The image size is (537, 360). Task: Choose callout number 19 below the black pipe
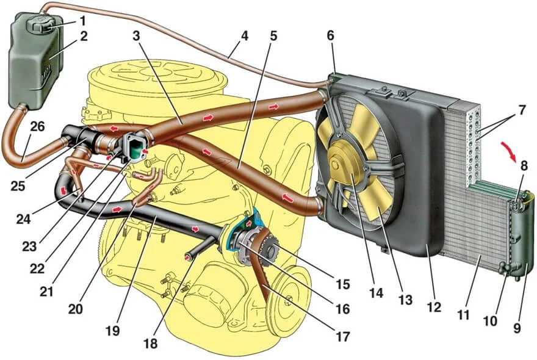coord(112,331)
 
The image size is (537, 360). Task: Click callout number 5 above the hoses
coord(273,35)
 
